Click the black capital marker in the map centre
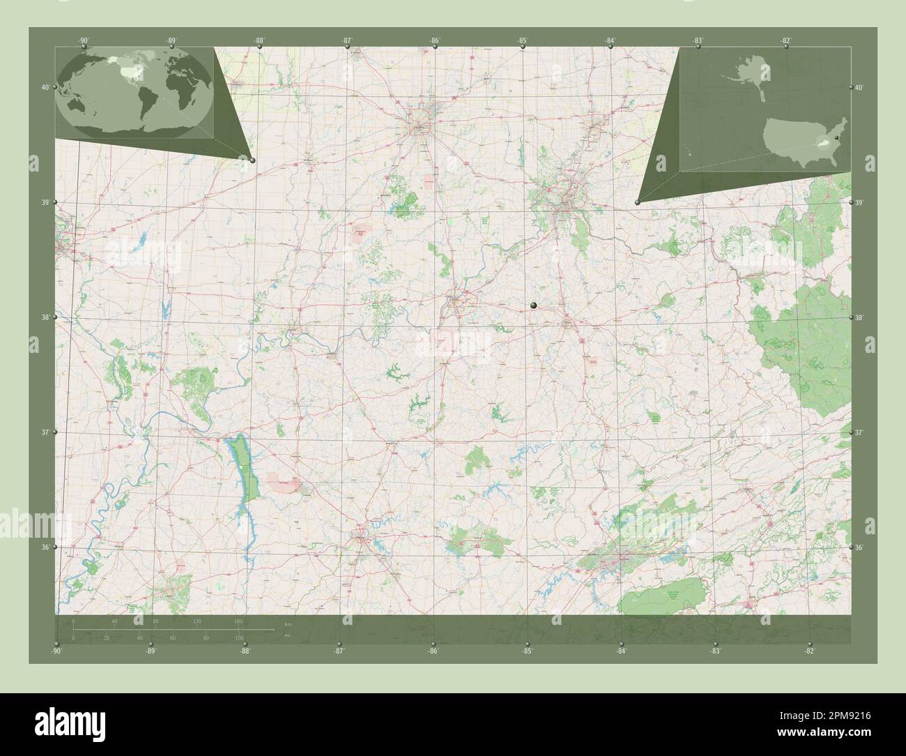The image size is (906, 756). [534, 305]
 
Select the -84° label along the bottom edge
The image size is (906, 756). [621, 651]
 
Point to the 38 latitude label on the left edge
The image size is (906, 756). [45, 317]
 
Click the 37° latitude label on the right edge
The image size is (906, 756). [860, 433]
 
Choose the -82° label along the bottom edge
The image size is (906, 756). [809, 651]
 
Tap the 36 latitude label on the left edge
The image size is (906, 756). [45, 547]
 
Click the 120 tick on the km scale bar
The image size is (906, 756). [197, 621]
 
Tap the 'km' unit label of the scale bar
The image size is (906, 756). [288, 622]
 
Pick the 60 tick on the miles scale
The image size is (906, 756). [172, 637]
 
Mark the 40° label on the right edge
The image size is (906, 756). [859, 88]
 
